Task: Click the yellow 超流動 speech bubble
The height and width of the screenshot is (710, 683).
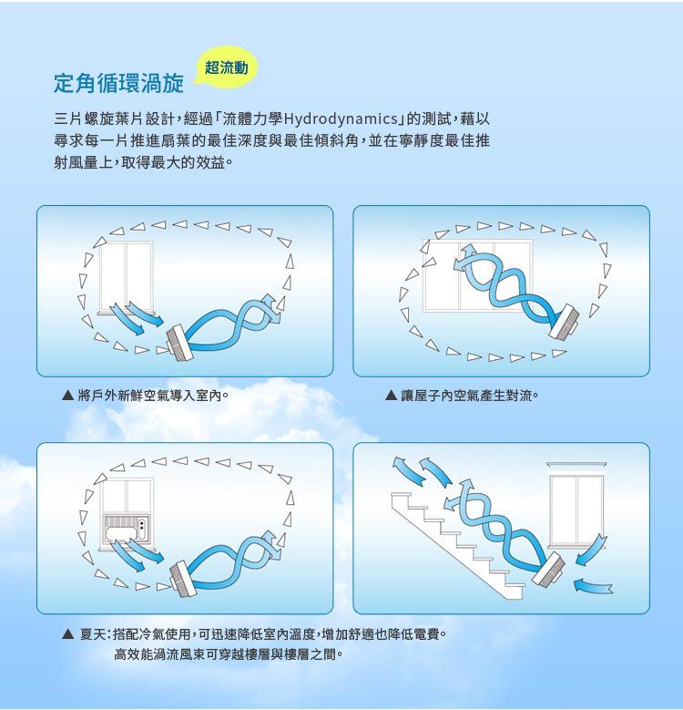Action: [x=226, y=67]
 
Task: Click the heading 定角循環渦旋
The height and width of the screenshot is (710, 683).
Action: [x=119, y=83]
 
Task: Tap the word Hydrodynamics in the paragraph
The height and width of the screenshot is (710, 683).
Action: [x=341, y=119]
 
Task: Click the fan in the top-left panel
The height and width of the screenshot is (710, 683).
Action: [x=179, y=343]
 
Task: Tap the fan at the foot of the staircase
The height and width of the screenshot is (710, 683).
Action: [x=548, y=570]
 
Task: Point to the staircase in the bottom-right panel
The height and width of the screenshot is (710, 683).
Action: [x=457, y=546]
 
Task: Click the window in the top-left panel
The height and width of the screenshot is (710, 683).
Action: [x=127, y=277]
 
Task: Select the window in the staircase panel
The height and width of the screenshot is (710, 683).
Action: [x=576, y=505]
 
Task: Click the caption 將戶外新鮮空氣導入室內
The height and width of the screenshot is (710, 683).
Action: [x=153, y=396]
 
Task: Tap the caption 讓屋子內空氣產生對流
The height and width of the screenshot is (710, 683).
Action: [x=470, y=396]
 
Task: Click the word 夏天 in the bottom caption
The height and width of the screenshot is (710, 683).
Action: [x=93, y=634]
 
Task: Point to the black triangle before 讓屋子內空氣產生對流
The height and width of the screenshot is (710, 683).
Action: [x=392, y=396]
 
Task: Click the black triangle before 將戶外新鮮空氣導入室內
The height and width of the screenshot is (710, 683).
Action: [x=67, y=396]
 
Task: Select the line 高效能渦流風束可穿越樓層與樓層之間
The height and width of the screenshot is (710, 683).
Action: [x=229, y=654]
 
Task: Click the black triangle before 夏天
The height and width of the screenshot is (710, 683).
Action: [x=68, y=634]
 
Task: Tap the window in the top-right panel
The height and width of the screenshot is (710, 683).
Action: [x=478, y=275]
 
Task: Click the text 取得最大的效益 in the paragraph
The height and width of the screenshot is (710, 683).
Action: [x=173, y=162]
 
